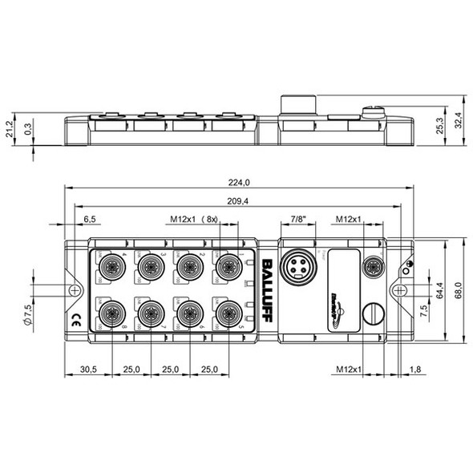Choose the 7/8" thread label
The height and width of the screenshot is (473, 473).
[297, 218]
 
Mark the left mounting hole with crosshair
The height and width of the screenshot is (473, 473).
[74, 288]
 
